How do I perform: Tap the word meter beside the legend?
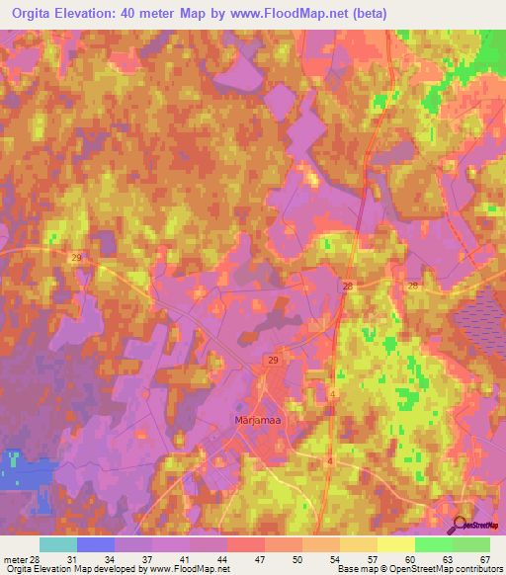click(15, 560)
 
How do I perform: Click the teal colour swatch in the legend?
click(58, 544)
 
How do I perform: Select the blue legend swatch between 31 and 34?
click(96, 544)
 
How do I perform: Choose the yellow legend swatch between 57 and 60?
click(396, 544)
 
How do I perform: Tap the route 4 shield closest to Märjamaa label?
click(333, 394)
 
